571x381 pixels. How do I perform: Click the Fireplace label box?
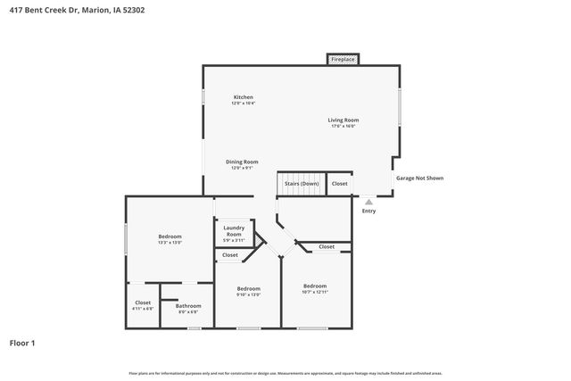[x=343, y=60]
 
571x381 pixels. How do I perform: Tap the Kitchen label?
[x=244, y=96]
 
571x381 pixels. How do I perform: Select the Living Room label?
[x=343, y=120]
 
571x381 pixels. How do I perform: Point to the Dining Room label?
[x=242, y=162]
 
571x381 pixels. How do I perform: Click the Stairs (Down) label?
[x=302, y=184]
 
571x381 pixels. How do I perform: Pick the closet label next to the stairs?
[x=339, y=184]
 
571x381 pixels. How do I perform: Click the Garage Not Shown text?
[x=419, y=178]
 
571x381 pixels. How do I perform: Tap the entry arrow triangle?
[x=368, y=202]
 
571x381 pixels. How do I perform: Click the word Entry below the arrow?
[x=368, y=211]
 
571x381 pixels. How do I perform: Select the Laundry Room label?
[x=234, y=230]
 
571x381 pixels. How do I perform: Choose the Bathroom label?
[x=188, y=306]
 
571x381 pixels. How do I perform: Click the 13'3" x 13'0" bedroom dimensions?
[x=170, y=243]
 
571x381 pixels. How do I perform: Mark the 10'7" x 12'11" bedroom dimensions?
[x=315, y=292]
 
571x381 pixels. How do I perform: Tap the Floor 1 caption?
[x=22, y=343]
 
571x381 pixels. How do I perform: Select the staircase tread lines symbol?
[x=301, y=175]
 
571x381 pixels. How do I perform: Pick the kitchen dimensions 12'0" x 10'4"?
[x=244, y=104]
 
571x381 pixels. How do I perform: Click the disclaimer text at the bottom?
[x=285, y=373]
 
